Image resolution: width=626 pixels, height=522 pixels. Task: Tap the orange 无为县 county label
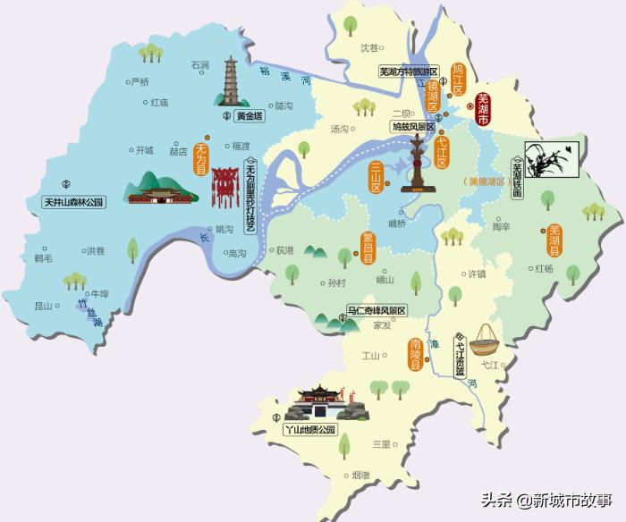coord(201,156)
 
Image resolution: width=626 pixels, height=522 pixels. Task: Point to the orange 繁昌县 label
coord(367,248)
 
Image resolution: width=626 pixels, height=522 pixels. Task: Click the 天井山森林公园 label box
coord(74,203)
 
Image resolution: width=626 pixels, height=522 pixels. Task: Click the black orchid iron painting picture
coord(546,158)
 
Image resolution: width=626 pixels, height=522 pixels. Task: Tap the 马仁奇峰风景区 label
coord(376,310)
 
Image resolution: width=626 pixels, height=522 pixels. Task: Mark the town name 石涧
coord(200,65)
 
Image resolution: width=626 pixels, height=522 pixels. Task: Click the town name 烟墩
coord(360,476)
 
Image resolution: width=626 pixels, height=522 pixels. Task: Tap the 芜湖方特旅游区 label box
coord(409,71)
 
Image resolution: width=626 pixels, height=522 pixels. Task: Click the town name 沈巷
coord(369,47)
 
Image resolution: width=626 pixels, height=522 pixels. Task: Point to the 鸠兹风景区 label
coord(412,128)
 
